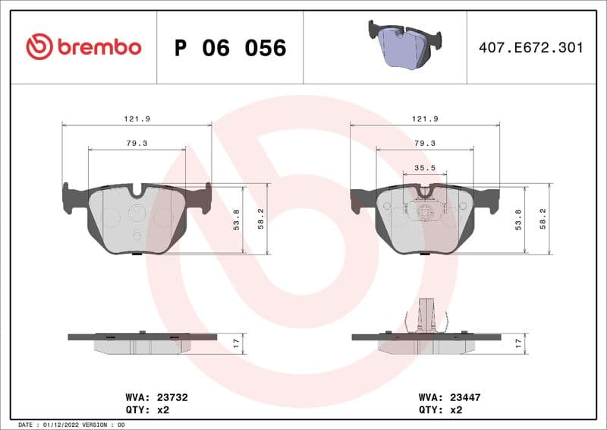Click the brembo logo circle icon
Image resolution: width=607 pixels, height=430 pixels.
39,47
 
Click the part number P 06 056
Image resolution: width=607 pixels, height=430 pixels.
230,48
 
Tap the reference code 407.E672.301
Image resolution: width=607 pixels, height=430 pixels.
531,47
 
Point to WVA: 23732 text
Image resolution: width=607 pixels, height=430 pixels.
156,397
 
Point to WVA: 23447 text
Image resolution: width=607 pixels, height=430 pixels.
450,397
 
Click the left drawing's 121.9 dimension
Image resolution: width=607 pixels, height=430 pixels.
137,119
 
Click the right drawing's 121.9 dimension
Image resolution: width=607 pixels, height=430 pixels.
424,119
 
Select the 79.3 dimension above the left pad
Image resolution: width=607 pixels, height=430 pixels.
137,143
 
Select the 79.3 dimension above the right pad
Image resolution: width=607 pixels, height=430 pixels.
424,143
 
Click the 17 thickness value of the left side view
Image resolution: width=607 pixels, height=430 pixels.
236,343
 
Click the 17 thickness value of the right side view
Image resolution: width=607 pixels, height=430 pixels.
518,343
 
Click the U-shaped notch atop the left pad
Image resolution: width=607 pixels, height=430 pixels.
137,192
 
